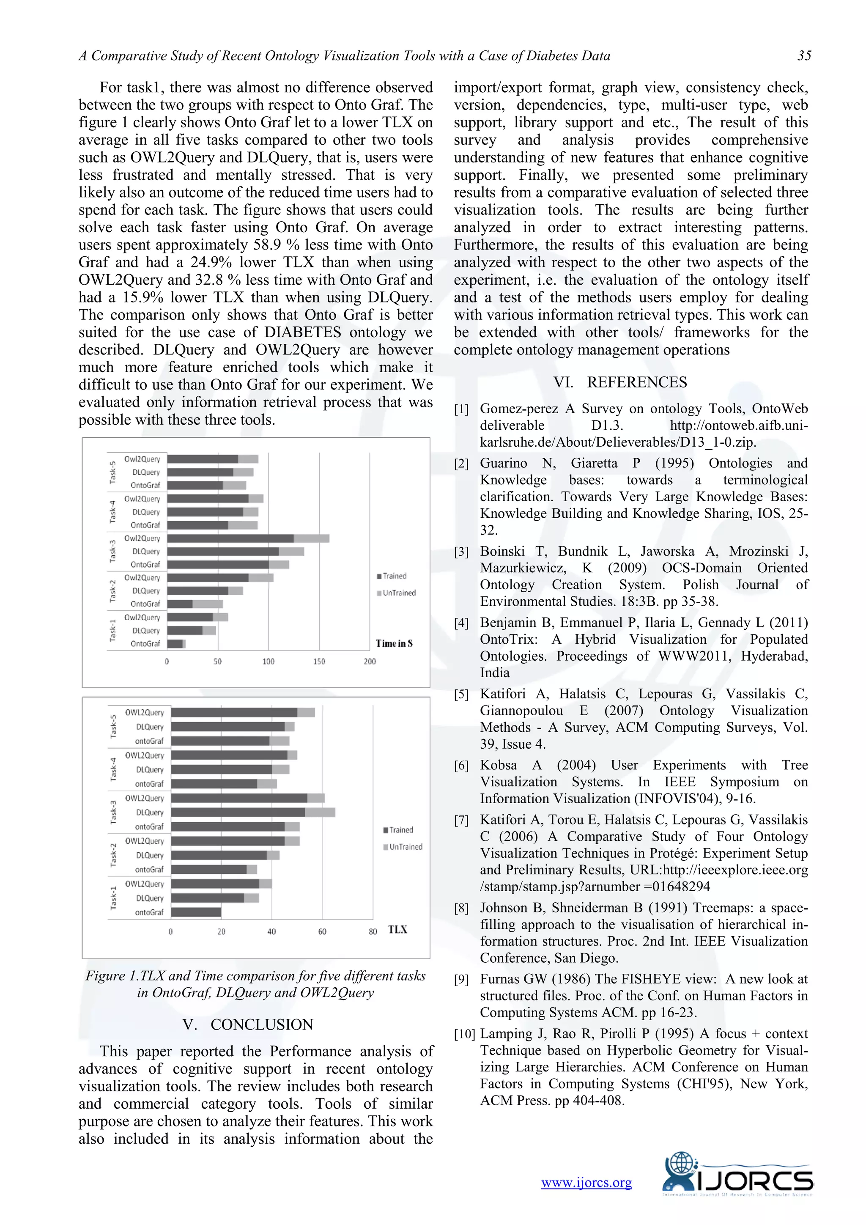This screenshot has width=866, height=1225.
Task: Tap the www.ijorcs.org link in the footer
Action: coord(586,1182)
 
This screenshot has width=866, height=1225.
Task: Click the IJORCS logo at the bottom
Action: coord(737,1181)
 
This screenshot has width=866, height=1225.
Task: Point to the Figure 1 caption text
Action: coord(255,984)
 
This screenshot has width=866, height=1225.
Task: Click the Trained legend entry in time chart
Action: coord(394,576)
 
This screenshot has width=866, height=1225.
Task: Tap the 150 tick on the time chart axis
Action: coord(319,662)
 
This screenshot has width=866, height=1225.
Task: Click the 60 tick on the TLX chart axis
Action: coord(322,931)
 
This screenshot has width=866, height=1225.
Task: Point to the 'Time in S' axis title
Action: coord(394,643)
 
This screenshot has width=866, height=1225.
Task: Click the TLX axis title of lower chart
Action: coord(397,929)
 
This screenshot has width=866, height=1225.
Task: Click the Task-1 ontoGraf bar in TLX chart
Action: coord(196,912)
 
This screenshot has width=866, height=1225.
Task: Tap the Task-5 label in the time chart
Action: coord(112,472)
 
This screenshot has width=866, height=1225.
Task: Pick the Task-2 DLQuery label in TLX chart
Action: coord(149,855)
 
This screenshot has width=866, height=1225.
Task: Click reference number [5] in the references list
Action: coord(461,695)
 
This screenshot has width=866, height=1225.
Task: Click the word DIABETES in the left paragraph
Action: coord(302,332)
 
